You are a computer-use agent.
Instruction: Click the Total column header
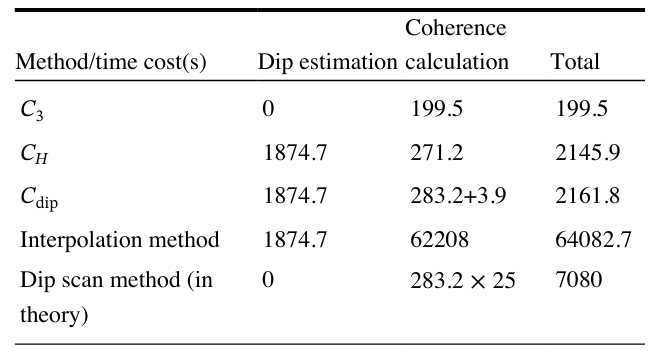(575, 61)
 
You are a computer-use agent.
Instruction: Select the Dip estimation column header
(328, 62)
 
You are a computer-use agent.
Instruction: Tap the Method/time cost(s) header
(111, 62)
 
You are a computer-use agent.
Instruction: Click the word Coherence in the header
(456, 28)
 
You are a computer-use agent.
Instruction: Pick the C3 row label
(32, 110)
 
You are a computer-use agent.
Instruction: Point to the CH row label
(34, 154)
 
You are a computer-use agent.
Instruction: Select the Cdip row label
(39, 198)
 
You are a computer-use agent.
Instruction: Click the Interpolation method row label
(120, 239)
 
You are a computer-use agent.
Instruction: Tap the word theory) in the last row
(54, 315)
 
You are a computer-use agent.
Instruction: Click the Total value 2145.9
(588, 153)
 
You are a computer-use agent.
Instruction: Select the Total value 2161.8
(588, 196)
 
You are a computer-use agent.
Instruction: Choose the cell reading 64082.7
(593, 239)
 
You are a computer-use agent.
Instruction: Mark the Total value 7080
(579, 280)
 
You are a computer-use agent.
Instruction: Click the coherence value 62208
(439, 239)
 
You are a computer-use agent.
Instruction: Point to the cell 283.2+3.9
(458, 196)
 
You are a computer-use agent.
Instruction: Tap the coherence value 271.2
(436, 153)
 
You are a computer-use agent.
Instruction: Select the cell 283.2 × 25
(463, 281)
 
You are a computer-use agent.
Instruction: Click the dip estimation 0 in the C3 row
(268, 109)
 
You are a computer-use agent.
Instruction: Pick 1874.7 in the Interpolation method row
(295, 239)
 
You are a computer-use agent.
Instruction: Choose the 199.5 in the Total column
(582, 109)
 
